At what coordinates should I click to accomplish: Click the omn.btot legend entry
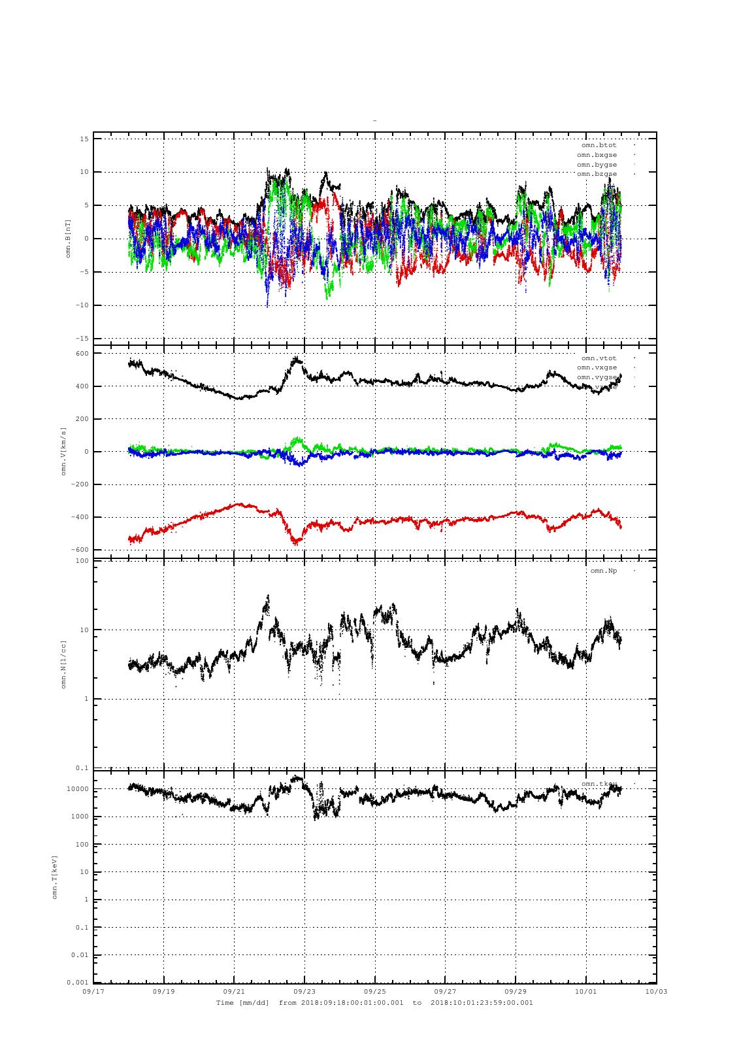(x=599, y=145)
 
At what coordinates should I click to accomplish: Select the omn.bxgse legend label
(x=597, y=155)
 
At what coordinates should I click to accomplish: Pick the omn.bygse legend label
(x=597, y=165)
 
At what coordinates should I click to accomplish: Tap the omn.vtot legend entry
(x=599, y=358)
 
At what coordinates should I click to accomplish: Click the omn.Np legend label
(x=603, y=571)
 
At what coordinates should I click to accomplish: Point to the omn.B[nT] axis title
(x=68, y=238)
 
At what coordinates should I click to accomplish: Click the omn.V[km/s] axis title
(x=64, y=451)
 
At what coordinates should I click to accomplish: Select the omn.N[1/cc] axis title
(x=64, y=664)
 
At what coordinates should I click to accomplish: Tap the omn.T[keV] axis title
(x=56, y=876)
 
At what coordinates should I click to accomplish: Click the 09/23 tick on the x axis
(x=304, y=991)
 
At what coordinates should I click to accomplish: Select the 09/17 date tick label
(x=93, y=991)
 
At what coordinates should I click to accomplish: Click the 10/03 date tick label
(x=657, y=991)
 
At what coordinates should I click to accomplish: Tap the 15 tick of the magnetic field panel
(x=84, y=139)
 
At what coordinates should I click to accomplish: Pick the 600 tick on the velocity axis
(x=82, y=354)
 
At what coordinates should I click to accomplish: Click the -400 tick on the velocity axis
(x=80, y=517)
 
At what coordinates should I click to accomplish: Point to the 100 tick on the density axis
(x=82, y=561)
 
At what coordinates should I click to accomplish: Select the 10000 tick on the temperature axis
(x=78, y=789)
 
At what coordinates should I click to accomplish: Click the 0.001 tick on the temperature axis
(x=78, y=983)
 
